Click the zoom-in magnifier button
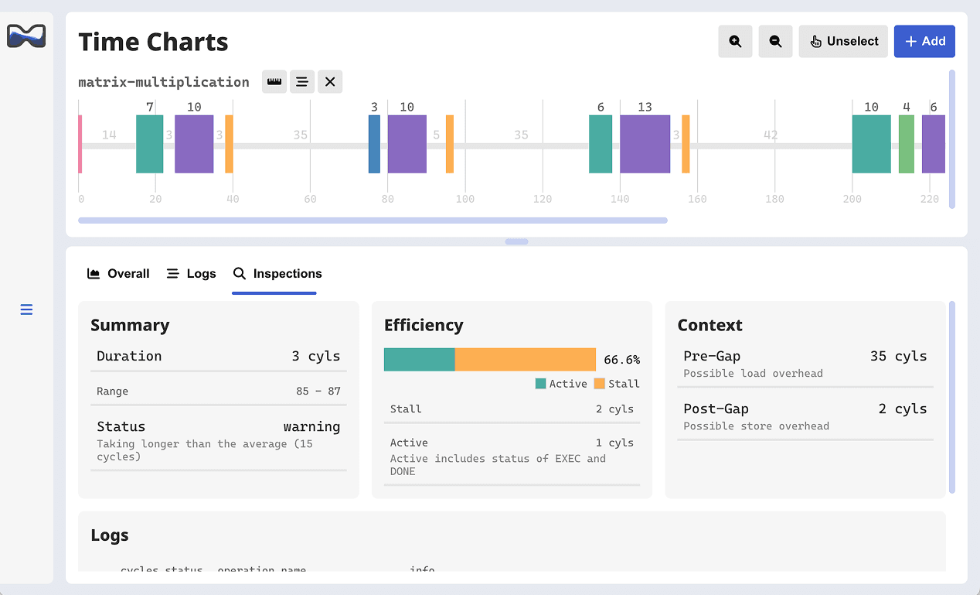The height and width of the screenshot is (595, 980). [735, 42]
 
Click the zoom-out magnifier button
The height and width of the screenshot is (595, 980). [775, 42]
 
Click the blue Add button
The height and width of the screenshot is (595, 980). [924, 42]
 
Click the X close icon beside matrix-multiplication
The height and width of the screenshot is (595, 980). [330, 82]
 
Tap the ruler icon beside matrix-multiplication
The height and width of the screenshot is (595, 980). [274, 82]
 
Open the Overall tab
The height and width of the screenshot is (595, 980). [118, 274]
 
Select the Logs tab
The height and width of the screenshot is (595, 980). [191, 274]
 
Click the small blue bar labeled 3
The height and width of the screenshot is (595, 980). [374, 144]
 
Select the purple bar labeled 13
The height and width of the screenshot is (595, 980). [645, 144]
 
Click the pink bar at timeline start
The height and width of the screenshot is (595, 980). [80, 144]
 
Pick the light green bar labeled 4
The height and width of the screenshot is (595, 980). [906, 144]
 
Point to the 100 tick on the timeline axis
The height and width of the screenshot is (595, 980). [465, 199]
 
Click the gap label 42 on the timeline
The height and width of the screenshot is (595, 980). [771, 135]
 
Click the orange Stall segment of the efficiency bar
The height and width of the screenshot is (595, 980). [525, 360]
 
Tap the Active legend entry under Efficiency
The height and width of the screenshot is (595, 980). [562, 384]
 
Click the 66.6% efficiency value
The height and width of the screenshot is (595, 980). [621, 360]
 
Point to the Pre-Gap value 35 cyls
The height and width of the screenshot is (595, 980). [898, 356]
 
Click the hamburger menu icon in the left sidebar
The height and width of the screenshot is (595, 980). [26, 310]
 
